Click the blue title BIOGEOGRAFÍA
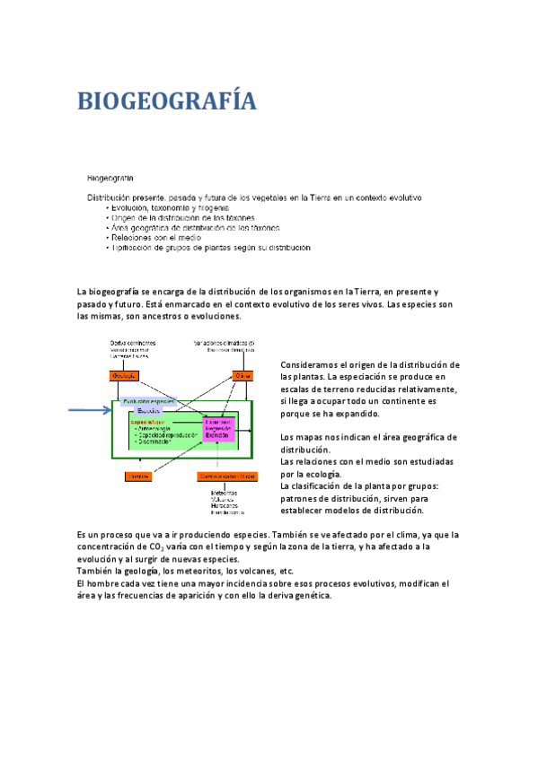167,101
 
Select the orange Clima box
243,376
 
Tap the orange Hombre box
137,476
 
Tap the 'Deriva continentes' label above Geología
133,343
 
